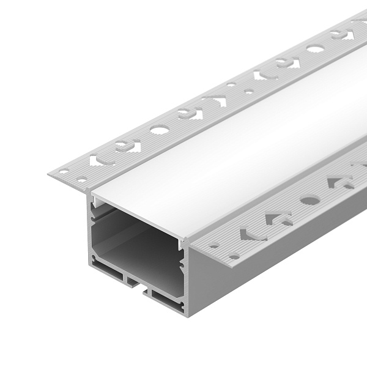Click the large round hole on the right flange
(306, 199)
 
